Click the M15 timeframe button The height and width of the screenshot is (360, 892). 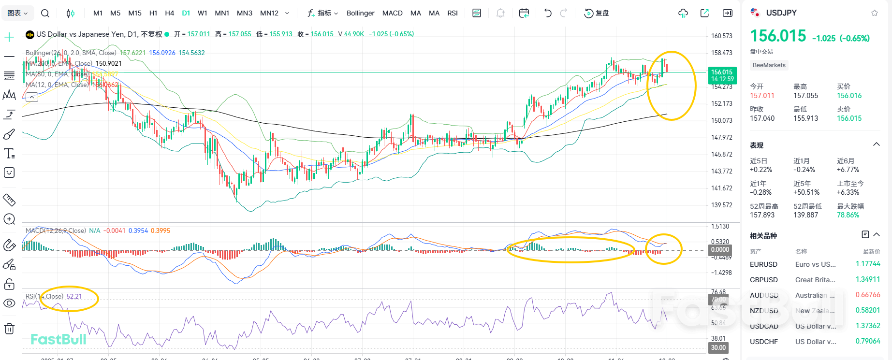135,13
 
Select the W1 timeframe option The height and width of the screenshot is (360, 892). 203,13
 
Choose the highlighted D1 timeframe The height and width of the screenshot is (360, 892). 186,13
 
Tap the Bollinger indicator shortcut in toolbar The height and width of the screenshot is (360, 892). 360,13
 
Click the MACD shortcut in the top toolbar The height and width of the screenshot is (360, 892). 392,13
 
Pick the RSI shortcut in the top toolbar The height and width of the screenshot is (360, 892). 453,13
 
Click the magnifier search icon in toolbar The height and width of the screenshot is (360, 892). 45,13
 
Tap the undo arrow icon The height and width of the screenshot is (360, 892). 547,13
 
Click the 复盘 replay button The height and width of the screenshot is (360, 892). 597,13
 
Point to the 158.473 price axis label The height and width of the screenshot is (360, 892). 721,53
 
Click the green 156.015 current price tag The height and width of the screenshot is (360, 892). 722,75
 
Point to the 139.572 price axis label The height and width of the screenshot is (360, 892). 721,205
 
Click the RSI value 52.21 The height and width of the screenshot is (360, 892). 74,296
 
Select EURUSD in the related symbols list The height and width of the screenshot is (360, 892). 763,264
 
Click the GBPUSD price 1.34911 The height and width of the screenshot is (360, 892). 868,279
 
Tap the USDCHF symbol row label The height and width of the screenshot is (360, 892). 764,342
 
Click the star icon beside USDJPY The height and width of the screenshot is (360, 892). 874,13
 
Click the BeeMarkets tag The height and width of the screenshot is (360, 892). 769,65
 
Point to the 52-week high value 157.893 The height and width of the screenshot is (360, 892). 762,215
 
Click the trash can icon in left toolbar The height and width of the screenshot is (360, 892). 9,329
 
